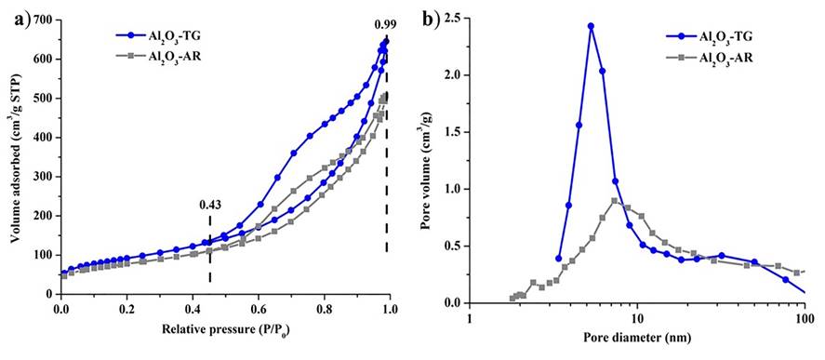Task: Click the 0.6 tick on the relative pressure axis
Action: [259, 314]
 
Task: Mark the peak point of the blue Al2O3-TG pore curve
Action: [591, 26]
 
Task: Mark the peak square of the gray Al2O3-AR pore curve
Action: [615, 201]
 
